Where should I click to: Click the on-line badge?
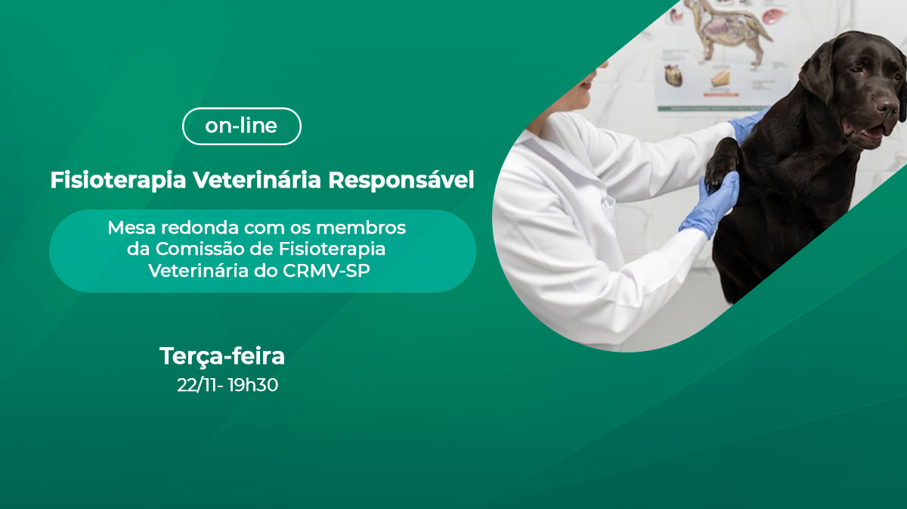[x=242, y=126]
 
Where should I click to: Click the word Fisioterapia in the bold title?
[x=118, y=180]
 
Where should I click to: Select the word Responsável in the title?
[x=401, y=180]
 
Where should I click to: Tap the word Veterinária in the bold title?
[x=257, y=179]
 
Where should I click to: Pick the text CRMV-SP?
[x=327, y=271]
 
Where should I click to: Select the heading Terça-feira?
[x=222, y=357]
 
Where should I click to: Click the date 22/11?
[x=197, y=385]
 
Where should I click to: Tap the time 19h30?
[x=253, y=385]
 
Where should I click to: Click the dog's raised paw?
[x=723, y=163]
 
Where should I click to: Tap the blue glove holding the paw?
[x=712, y=206]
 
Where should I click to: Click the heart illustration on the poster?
[x=673, y=76]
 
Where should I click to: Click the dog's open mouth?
[x=871, y=132]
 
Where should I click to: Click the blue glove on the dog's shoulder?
[x=748, y=126]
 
